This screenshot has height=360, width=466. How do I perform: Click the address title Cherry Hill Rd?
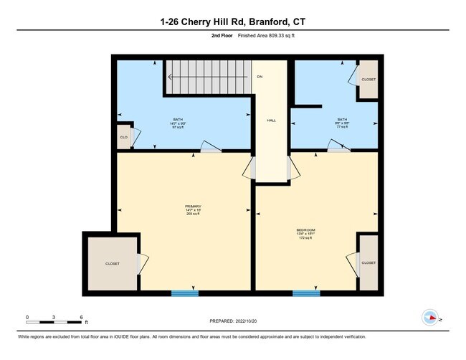(233, 22)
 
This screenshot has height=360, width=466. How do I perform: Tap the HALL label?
(271, 120)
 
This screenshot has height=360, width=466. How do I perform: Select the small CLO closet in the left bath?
(123, 137)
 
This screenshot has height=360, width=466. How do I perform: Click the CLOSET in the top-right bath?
(368, 80)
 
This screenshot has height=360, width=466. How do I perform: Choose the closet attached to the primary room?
(113, 263)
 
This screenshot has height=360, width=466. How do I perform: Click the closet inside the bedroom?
(368, 263)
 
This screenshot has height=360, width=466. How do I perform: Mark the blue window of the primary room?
(185, 293)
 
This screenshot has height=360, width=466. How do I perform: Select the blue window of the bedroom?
(306, 293)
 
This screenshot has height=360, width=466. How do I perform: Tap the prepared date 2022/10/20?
(233, 321)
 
